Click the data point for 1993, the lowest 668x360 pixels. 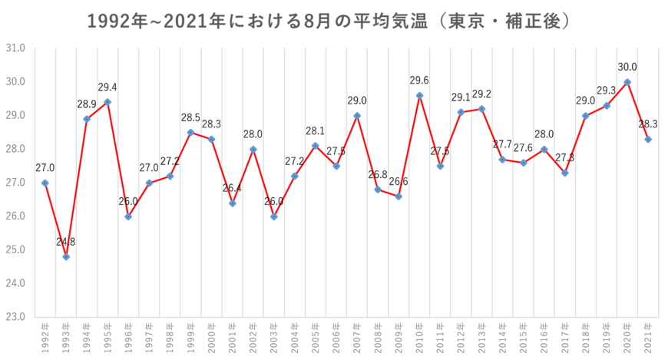(66, 257)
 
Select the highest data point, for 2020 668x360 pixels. (627, 81)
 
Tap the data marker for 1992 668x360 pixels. (45, 183)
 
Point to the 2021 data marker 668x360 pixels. (648, 139)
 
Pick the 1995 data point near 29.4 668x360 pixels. (107, 101)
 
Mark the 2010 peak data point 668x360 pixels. (419, 95)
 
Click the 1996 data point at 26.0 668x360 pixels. (128, 216)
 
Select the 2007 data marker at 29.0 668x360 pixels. (357, 115)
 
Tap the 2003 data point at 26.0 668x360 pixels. (274, 216)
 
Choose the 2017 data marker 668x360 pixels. (565, 173)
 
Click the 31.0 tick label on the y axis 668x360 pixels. (15, 48)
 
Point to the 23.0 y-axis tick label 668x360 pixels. (15, 316)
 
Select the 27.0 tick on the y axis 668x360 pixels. (15, 183)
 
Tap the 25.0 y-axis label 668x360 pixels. (15, 249)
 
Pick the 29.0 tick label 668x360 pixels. (15, 115)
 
